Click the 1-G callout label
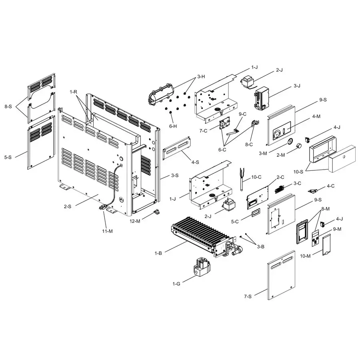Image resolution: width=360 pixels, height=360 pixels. (x=176, y=284)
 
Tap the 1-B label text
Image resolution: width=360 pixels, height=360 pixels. (x=158, y=253)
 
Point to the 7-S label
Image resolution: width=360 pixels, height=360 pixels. (x=248, y=296)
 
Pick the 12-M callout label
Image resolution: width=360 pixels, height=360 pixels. (x=135, y=220)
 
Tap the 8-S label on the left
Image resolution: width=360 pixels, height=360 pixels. (x=8, y=107)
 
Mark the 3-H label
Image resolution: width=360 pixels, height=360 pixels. (x=201, y=76)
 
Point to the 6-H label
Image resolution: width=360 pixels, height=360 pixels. (x=173, y=126)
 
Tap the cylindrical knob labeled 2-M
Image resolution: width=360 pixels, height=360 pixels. (x=298, y=148)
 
